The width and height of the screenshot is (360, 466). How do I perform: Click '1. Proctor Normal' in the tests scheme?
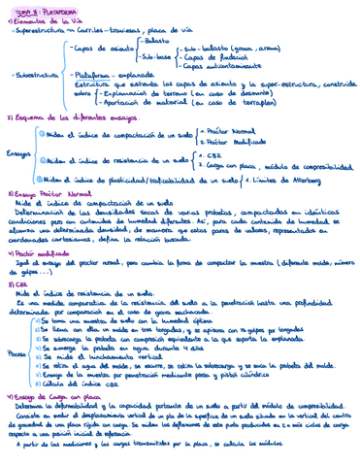click(225, 130)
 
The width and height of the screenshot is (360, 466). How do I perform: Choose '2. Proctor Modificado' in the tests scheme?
click(229, 141)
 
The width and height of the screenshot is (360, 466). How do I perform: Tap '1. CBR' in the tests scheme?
click(211, 155)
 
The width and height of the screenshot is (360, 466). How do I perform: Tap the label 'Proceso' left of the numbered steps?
click(16, 354)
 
